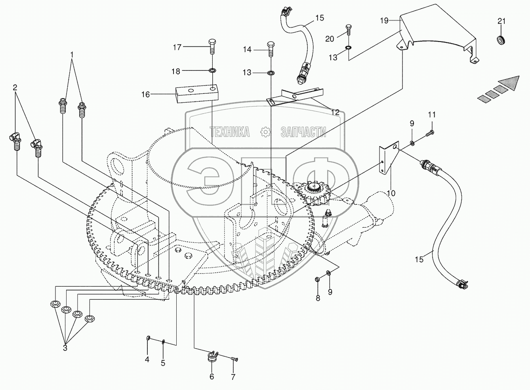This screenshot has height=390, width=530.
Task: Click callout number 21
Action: (x=501, y=21)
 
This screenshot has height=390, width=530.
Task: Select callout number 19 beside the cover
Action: (x=385, y=21)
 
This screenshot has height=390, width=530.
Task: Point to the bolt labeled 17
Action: (x=212, y=47)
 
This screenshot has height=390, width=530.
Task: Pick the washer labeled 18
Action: (x=212, y=70)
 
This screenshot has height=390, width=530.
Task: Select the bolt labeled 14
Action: (x=271, y=49)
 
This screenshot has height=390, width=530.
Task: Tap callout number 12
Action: (x=335, y=112)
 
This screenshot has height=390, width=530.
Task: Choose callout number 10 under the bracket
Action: (x=392, y=193)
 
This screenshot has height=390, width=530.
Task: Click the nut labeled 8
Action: (x=318, y=279)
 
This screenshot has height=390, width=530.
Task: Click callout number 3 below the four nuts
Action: (x=65, y=348)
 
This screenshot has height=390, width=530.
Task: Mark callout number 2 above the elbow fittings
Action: (x=15, y=88)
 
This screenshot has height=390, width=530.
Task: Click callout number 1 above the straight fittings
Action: (x=72, y=55)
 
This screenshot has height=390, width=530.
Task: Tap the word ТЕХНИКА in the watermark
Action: (x=229, y=132)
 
